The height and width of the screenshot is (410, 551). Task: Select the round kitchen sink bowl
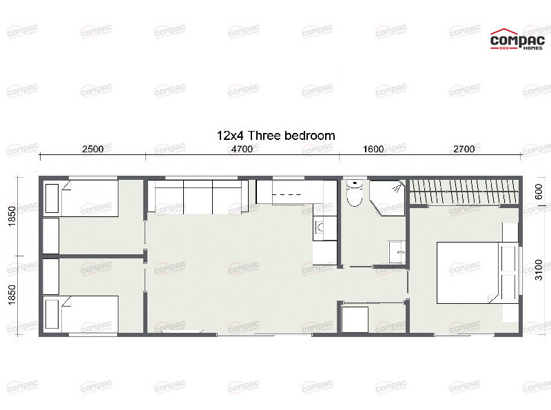318,225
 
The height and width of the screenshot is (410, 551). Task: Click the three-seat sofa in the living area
198,197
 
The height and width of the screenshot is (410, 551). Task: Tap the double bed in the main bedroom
468,273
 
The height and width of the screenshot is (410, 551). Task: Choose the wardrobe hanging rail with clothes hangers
465,192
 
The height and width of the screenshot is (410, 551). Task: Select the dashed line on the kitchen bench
290,196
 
